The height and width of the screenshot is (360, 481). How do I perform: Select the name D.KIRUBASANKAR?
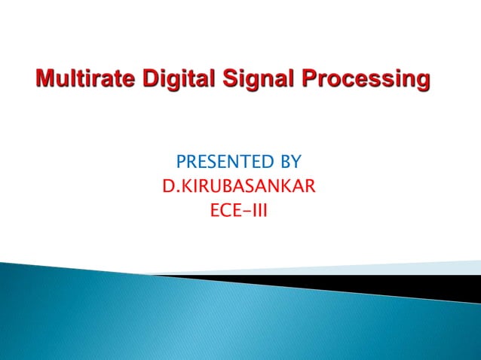(238, 184)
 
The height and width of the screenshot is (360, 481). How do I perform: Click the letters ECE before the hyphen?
(224, 206)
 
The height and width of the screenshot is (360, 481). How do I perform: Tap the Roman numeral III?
(260, 206)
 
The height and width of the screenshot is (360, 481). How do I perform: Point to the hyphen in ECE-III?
(246, 206)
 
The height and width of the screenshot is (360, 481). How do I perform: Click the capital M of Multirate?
(44, 78)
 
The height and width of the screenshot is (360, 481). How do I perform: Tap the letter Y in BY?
(296, 162)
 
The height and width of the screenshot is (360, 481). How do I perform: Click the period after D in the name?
(173, 189)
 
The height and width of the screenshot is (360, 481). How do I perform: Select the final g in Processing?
(425, 81)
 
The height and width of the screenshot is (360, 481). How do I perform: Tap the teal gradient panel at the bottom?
(226, 324)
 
